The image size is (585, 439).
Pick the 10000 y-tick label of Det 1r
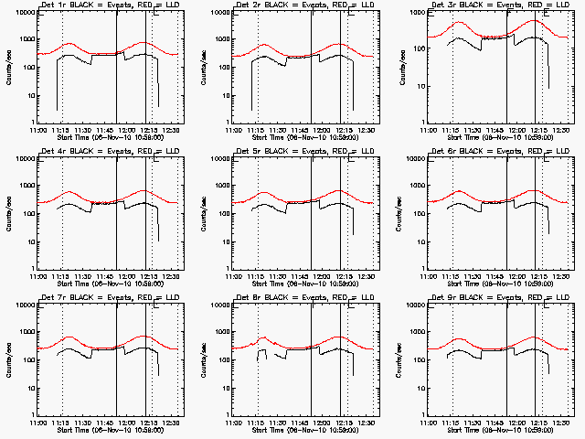point(22,14)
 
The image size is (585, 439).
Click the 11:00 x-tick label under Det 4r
point(38,274)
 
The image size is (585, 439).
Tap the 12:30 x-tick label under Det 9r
point(563,421)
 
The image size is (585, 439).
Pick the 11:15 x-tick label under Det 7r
point(61,421)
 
